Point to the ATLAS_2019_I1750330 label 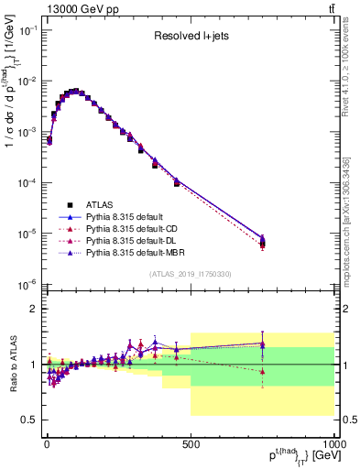(190, 274)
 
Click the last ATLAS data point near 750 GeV (263, 243)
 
